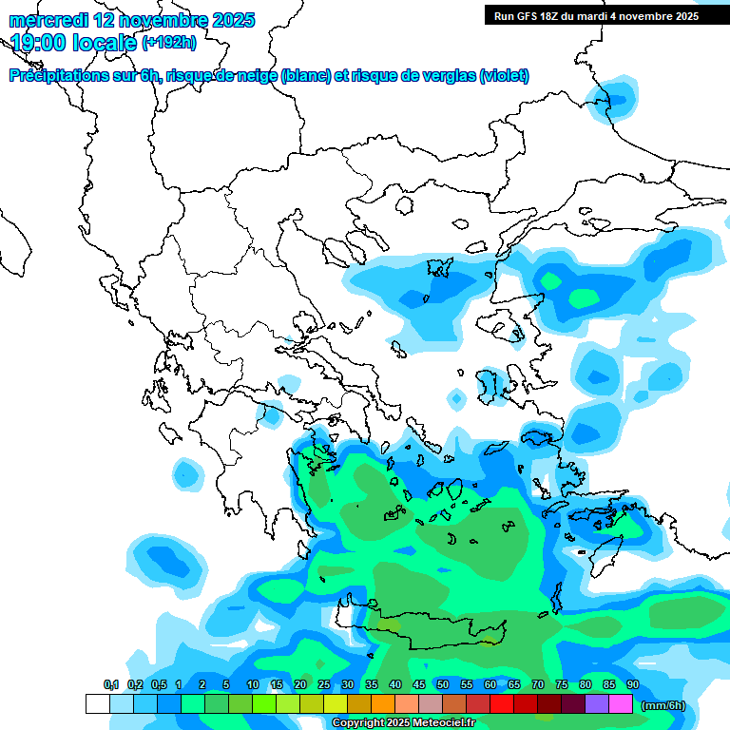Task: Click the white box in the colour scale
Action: [98, 703]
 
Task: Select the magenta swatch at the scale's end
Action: [621, 703]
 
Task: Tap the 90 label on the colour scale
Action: [632, 684]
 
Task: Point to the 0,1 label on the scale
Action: [110, 684]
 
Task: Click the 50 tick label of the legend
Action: [443, 684]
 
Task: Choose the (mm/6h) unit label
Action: [663, 704]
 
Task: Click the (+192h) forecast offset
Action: [168, 42]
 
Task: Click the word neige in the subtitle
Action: [255, 76]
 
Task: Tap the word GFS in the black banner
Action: [531, 16]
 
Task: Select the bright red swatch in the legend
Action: [502, 703]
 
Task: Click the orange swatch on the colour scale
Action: [383, 703]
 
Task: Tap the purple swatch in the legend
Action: [597, 703]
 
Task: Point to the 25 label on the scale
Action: [324, 684]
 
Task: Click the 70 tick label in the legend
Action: [538, 684]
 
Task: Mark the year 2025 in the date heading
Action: [229, 20]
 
